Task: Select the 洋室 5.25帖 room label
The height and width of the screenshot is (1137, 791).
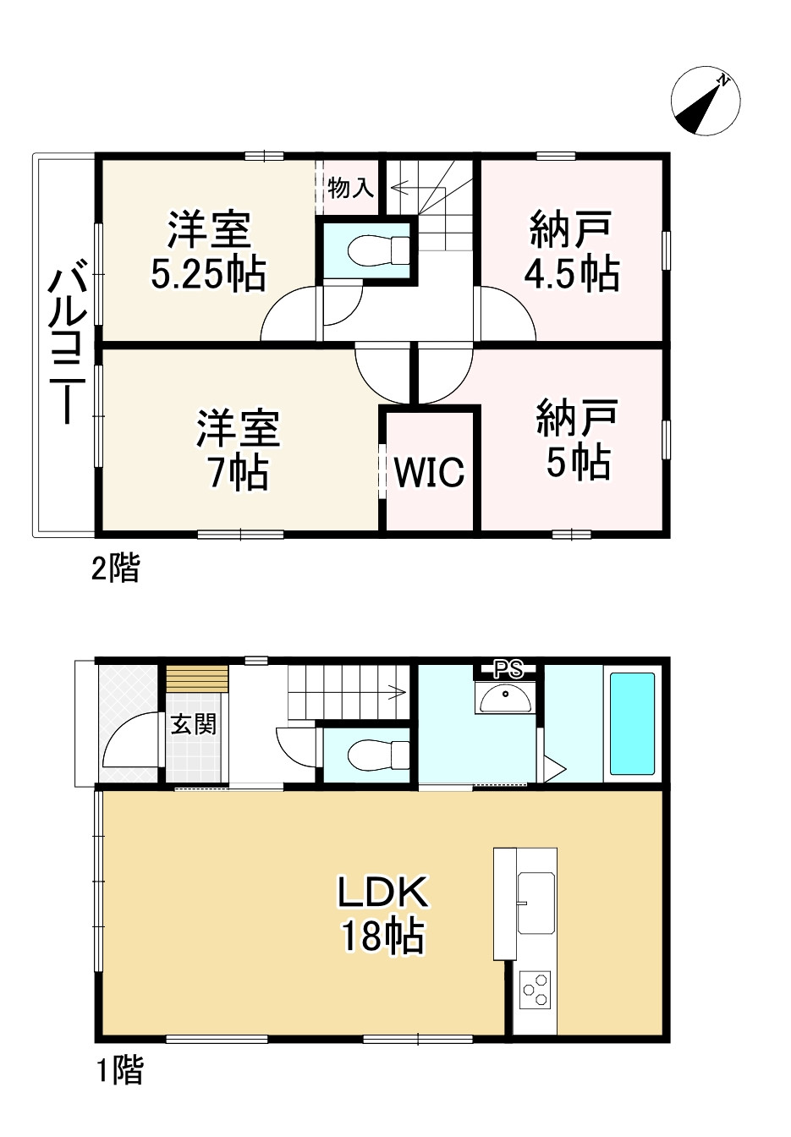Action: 208,251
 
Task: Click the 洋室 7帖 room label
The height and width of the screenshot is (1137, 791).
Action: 238,449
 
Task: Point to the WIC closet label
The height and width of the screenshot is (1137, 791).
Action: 429,472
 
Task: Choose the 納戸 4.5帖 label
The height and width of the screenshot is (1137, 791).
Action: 571,251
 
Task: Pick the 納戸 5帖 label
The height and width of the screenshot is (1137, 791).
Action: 576,440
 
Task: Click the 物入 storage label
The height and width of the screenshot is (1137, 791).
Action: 350,187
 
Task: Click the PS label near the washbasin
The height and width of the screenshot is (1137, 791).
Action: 508,670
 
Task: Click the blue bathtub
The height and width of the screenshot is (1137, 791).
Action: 632,723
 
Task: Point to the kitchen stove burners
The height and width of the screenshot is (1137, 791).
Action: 535,991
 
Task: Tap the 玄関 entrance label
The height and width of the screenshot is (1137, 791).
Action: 194,724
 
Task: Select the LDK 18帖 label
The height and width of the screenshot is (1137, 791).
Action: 383,914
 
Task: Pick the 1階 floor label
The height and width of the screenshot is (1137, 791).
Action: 118,1071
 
